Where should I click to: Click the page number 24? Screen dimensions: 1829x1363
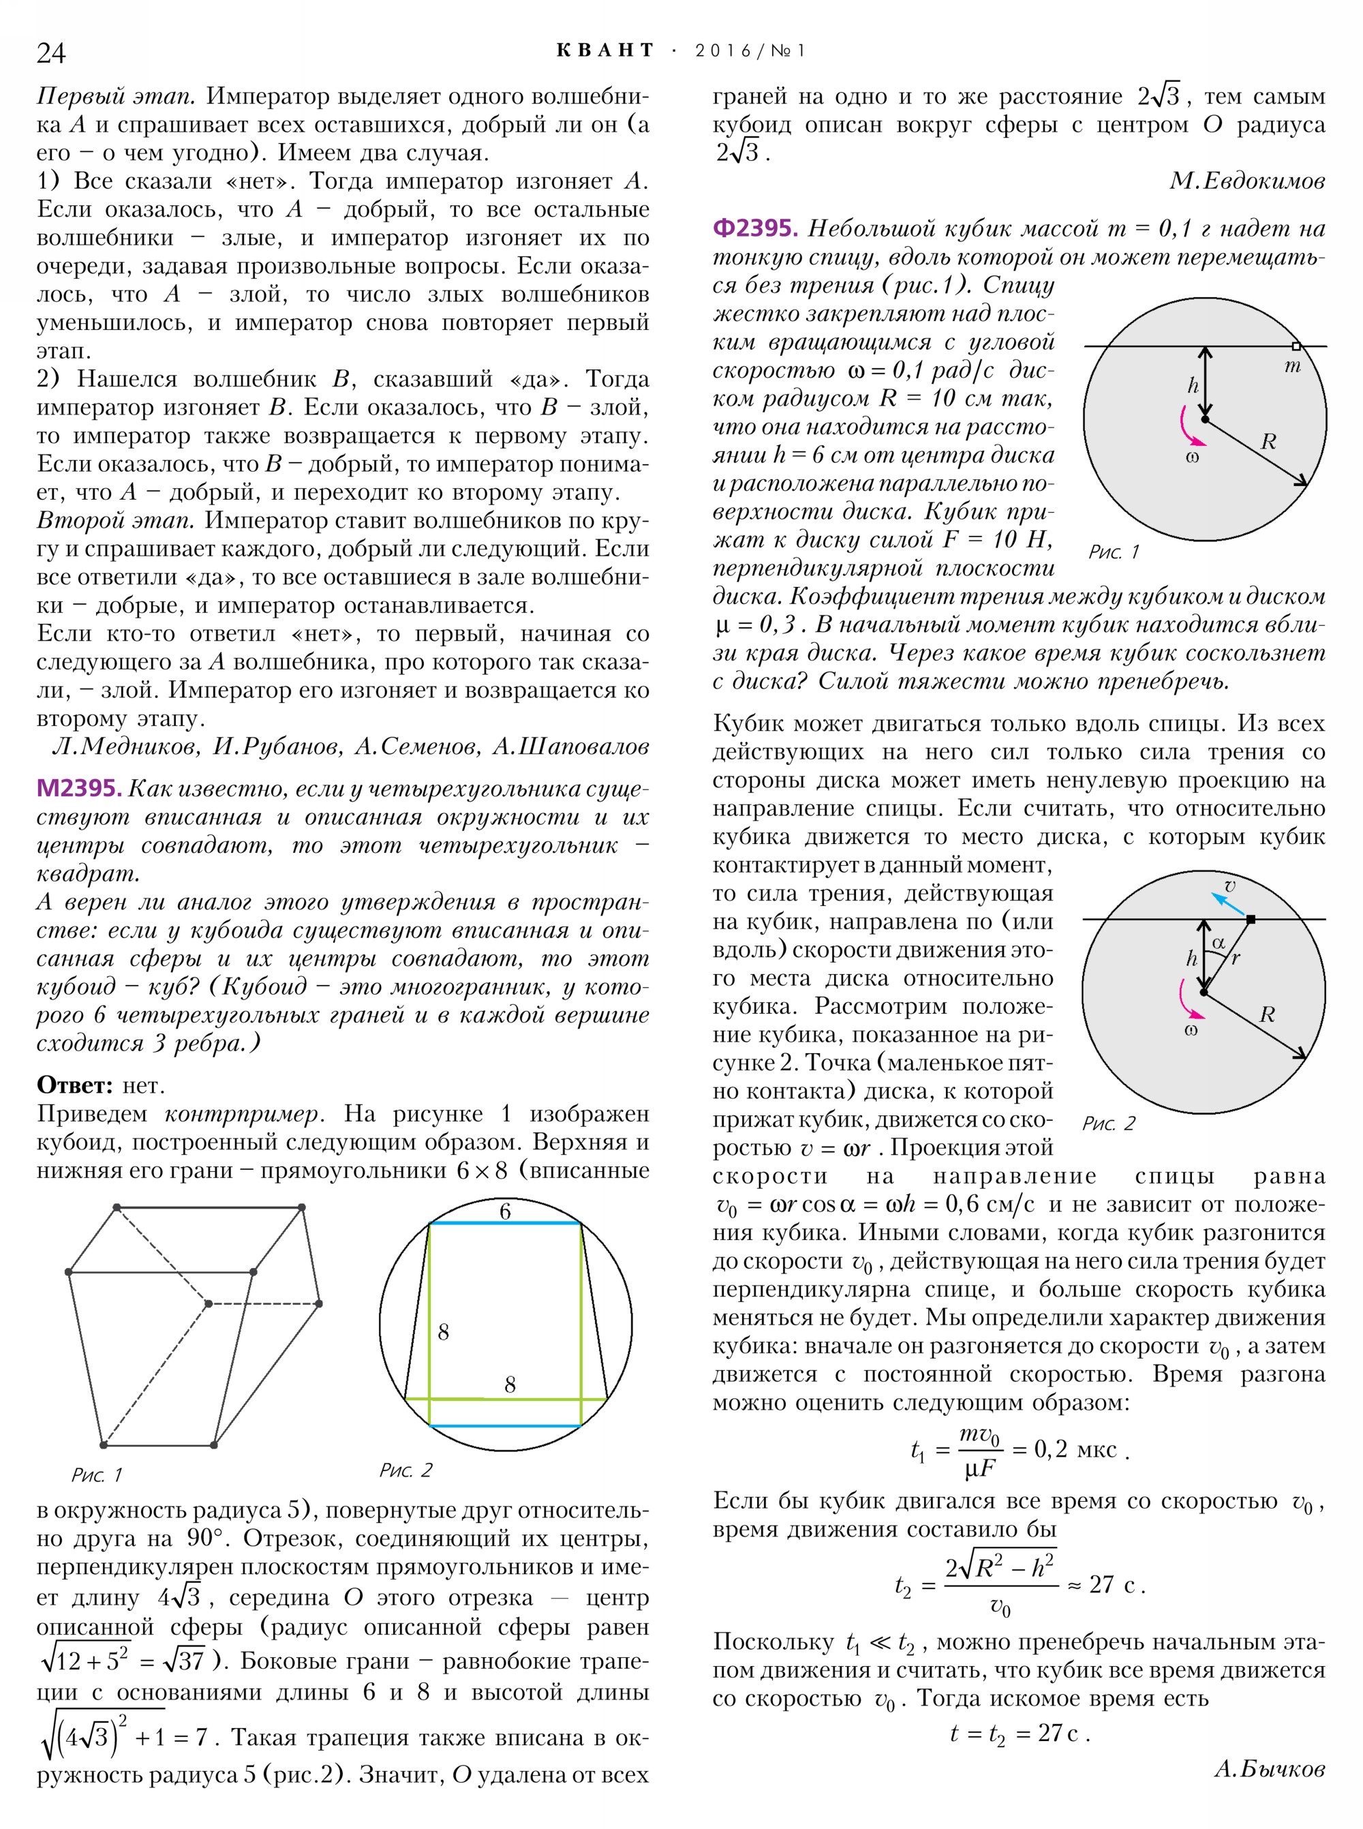click(x=50, y=52)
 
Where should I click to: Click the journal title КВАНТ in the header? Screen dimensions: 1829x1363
click(x=604, y=50)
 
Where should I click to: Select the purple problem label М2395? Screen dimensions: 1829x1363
click(x=78, y=788)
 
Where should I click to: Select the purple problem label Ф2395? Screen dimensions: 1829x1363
click(x=755, y=228)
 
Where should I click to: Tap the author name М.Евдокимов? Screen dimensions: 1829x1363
click(x=1246, y=181)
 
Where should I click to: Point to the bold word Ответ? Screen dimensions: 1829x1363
click(x=74, y=1085)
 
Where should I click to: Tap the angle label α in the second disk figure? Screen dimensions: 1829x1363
click(x=1219, y=941)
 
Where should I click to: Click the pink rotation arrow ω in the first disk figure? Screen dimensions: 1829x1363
click(x=1186, y=428)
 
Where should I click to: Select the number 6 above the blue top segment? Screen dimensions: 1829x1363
click(x=505, y=1211)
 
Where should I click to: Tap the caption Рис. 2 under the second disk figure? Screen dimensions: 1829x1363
click(x=1108, y=1123)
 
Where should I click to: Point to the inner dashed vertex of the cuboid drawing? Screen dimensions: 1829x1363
click(x=208, y=1304)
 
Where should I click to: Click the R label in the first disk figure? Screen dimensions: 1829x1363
click(x=1268, y=442)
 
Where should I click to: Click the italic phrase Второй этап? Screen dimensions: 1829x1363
click(x=115, y=521)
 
